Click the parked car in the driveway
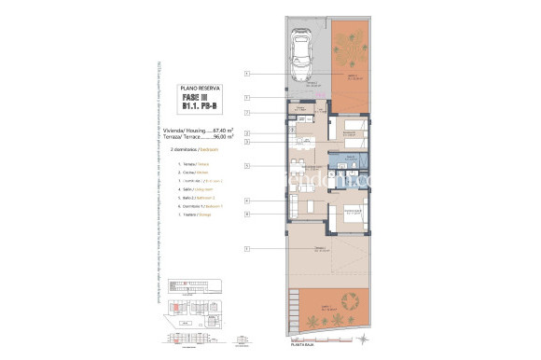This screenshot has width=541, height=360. pos(303,58)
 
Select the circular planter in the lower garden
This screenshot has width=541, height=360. pos(352,303)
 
